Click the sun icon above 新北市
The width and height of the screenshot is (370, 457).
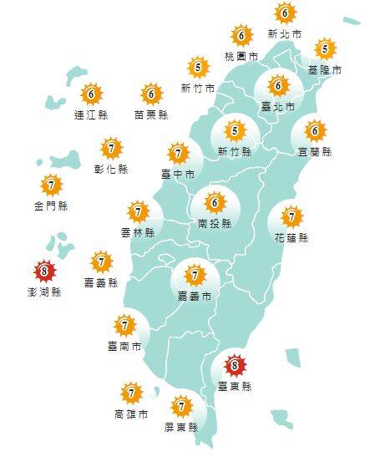point(285,13)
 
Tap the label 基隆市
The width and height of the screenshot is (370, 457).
point(325,70)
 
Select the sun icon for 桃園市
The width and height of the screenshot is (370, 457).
point(241,35)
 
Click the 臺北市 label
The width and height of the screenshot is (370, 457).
point(278,107)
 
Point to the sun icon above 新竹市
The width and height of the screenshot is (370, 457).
point(198,67)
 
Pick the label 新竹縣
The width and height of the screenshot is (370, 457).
point(234,151)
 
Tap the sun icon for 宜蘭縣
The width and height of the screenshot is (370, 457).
point(315,131)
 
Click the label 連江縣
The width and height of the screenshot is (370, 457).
point(91,114)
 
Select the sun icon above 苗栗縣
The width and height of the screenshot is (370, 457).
point(151,94)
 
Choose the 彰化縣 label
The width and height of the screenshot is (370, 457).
point(111,169)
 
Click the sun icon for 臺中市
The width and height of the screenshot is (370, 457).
point(178,154)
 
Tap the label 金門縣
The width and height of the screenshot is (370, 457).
point(51,206)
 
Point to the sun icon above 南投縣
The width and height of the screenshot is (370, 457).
point(215,203)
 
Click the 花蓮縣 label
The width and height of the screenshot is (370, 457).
point(291,237)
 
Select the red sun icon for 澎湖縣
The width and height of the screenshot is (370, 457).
point(44,271)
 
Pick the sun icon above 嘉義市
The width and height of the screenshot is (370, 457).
point(195,274)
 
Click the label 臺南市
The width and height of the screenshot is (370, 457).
point(124,345)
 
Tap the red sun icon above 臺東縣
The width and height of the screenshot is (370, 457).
point(235,365)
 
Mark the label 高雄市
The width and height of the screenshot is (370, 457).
point(131,414)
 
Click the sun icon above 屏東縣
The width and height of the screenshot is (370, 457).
point(181,407)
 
